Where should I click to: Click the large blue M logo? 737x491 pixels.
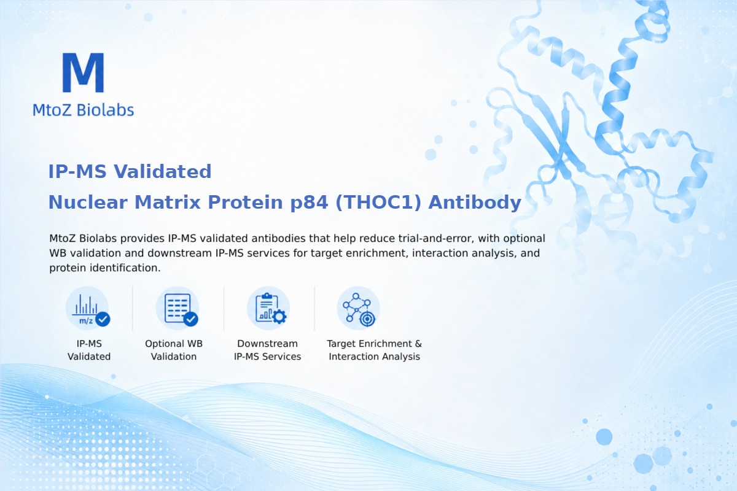pos(84,72)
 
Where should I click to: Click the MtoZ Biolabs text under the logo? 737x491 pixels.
pos(84,110)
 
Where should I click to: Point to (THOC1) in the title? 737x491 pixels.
pos(378,202)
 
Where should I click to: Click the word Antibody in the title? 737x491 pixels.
pos(475,202)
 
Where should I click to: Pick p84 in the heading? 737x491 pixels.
pos(309,203)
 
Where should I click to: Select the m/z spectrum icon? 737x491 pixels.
pos(87,309)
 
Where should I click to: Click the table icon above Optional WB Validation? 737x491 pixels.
pos(177,309)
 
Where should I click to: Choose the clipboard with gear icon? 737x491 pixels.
pos(268,309)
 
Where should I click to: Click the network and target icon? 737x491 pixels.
pos(358,309)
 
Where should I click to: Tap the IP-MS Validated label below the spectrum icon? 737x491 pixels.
pos(89,350)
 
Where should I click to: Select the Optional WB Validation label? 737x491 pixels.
pos(174,350)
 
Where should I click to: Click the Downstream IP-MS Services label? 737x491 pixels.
pos(268,350)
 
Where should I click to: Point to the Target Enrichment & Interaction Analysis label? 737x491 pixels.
pos(375,350)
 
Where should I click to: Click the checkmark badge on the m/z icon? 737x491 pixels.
pos(103,319)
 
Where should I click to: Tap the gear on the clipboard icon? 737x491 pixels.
pos(279,317)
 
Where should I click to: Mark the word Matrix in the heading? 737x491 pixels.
pos(168,202)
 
